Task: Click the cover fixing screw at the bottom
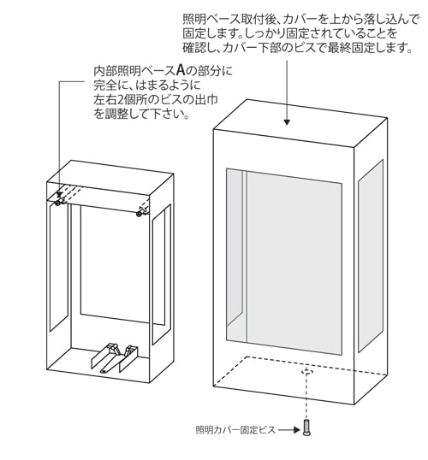(306, 428)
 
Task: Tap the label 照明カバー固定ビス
(235, 430)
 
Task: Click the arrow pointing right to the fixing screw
(289, 430)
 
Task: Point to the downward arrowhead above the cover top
(287, 122)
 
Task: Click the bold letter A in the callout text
(181, 70)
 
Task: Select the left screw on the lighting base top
(58, 202)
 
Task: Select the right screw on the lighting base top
(140, 213)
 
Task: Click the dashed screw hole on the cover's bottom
(306, 372)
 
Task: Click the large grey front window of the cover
(284, 262)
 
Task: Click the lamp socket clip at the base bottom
(114, 358)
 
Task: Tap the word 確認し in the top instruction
(199, 47)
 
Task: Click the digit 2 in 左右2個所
(121, 100)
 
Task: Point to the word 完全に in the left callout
(110, 86)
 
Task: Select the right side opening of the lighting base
(161, 274)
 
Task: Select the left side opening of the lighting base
(59, 267)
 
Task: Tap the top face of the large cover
(300, 122)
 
